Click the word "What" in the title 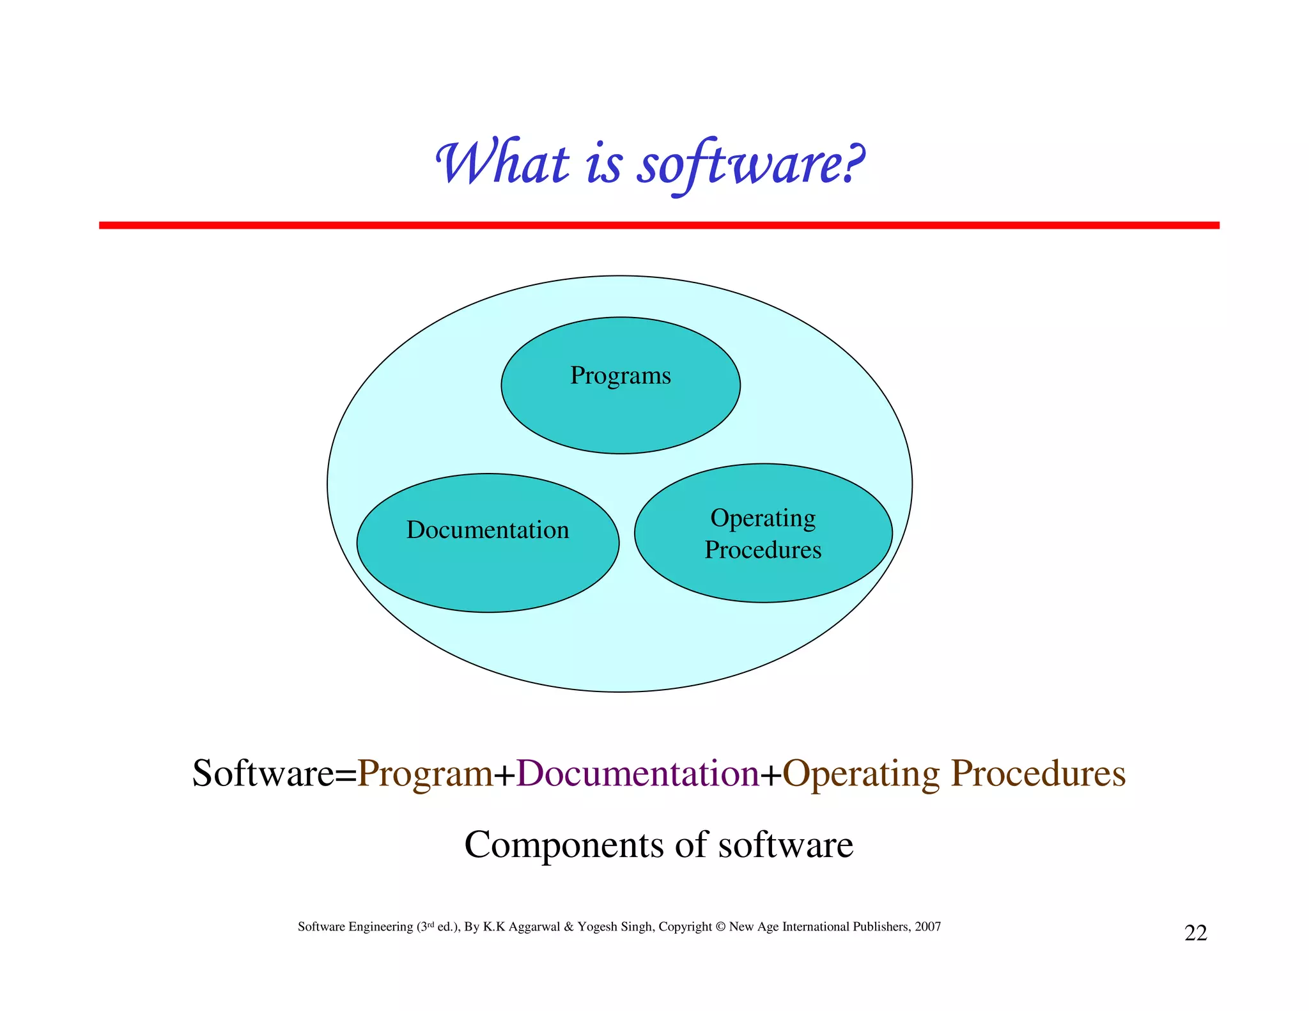(502, 163)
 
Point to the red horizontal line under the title (658, 225)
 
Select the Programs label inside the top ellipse (620, 376)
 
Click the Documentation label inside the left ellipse (488, 530)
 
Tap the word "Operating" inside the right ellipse (763, 518)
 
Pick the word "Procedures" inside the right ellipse (763, 550)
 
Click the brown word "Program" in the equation (425, 773)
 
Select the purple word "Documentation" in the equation (637, 773)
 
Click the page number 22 (1195, 933)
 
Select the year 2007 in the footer (927, 927)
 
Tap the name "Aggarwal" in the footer (534, 927)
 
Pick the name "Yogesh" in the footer (598, 927)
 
